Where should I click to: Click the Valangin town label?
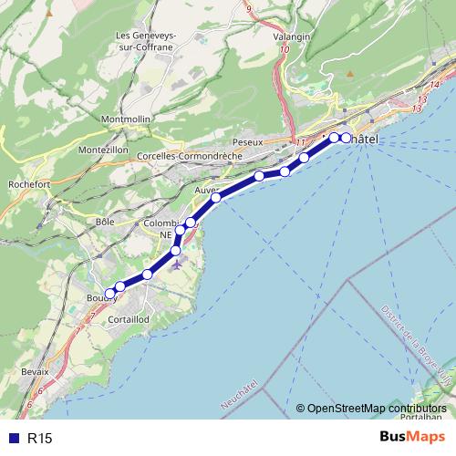pyautogui.click(x=292, y=36)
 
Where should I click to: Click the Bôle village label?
pyautogui.click(x=103, y=221)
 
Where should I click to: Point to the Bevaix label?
pyautogui.click(x=34, y=374)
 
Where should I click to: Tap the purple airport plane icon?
pyautogui.click(x=176, y=264)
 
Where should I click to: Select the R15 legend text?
pyautogui.click(x=40, y=439)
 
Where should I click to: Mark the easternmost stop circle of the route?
pyautogui.click(x=346, y=138)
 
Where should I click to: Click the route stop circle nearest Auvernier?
pyautogui.click(x=215, y=198)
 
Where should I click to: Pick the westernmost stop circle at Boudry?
pyautogui.click(x=109, y=294)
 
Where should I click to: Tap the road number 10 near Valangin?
pyautogui.click(x=285, y=50)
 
